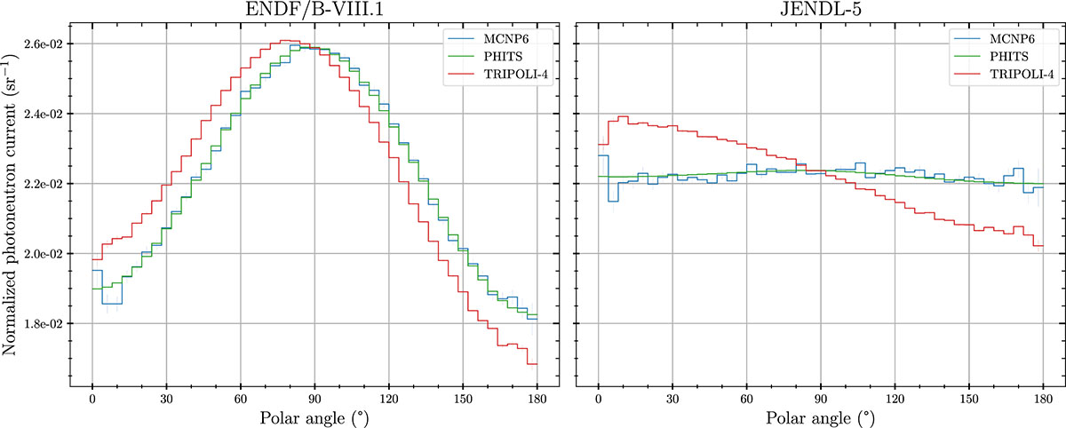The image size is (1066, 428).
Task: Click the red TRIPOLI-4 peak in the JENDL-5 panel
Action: pyautogui.click(x=623, y=117)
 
